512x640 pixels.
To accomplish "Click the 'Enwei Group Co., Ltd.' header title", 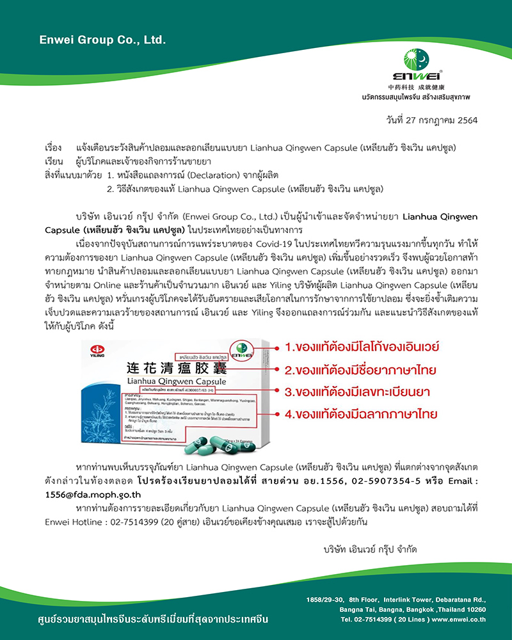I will point(102,40).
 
